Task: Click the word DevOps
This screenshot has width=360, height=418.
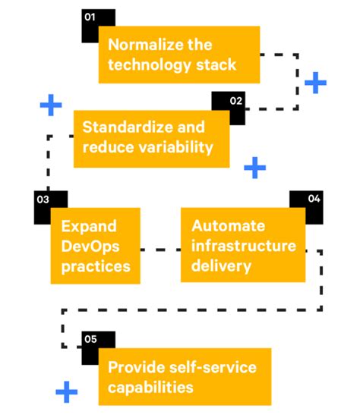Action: pos(90,246)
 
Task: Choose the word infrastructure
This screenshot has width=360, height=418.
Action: pos(243,246)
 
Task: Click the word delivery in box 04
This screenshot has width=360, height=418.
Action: pos(221,266)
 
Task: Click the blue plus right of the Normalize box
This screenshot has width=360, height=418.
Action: pos(315,82)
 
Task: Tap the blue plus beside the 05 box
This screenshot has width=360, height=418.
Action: pos(67,391)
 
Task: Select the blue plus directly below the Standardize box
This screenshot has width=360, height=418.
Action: pos(256,168)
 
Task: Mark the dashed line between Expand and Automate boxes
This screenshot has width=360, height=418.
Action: pos(162,248)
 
